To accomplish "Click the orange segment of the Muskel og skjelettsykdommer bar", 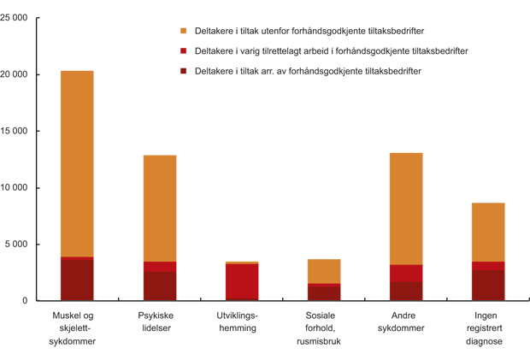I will pyautogui.click(x=77, y=162).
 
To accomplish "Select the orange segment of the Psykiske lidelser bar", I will pyautogui.click(x=160, y=208).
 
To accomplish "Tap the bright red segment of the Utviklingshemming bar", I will pyautogui.click(x=242, y=280).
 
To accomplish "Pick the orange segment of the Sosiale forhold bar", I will pyautogui.click(x=324, y=271).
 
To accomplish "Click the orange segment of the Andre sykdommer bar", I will pyautogui.click(x=406, y=209).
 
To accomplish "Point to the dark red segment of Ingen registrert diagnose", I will pyautogui.click(x=488, y=286).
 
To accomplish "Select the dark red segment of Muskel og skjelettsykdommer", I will pyautogui.click(x=77, y=280).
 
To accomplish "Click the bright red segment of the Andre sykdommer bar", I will pyautogui.click(x=406, y=274).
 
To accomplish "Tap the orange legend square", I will pyautogui.click(x=183, y=31).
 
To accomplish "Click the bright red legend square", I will pyautogui.click(x=183, y=51).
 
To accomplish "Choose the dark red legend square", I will pyautogui.click(x=183, y=71).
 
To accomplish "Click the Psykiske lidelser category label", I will pyautogui.click(x=160, y=322).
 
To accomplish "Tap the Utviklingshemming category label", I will pyautogui.click(x=242, y=322).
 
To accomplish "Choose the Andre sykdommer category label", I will pyautogui.click(x=406, y=322).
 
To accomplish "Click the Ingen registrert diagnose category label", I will pyautogui.click(x=488, y=328).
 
